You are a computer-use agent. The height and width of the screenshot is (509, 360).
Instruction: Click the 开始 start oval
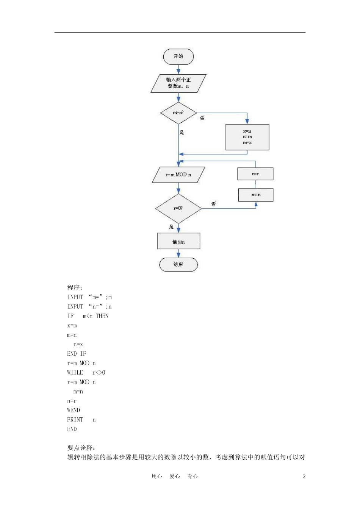pos(178,57)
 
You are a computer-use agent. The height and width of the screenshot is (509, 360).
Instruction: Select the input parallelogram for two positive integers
pos(178,83)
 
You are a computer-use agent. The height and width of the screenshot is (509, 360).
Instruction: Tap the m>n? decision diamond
pos(178,113)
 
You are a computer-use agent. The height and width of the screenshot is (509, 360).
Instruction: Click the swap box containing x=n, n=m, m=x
pos(247,137)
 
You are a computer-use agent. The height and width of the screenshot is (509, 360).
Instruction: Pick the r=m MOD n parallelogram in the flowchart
pos(178,175)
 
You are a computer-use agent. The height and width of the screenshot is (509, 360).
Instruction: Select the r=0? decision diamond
pos(178,208)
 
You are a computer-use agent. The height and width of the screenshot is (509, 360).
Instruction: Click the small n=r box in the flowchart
pos(255,174)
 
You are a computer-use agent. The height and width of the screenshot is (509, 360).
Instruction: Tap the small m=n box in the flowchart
pos(256,195)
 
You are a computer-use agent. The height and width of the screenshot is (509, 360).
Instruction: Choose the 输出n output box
pos(178,242)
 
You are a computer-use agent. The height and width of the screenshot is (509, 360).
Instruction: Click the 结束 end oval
pos(178,265)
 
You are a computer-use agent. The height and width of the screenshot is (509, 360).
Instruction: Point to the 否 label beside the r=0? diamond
pos(214,204)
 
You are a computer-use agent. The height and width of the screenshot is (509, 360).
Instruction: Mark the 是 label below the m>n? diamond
pos(182,132)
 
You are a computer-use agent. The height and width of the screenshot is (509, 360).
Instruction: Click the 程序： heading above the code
pos(75,288)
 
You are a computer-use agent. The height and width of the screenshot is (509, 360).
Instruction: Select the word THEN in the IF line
pos(102,316)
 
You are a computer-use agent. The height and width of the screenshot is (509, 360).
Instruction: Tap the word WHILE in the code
pos(75,373)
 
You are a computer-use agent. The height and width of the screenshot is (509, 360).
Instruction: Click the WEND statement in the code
pos(74,410)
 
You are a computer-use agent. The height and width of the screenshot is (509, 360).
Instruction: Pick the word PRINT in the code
pos(75,420)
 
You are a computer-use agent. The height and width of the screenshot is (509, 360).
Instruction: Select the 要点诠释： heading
pos(81,448)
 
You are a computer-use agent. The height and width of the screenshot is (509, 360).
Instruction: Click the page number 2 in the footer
pos(304,476)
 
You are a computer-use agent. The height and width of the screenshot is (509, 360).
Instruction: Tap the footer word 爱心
pos(175,476)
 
